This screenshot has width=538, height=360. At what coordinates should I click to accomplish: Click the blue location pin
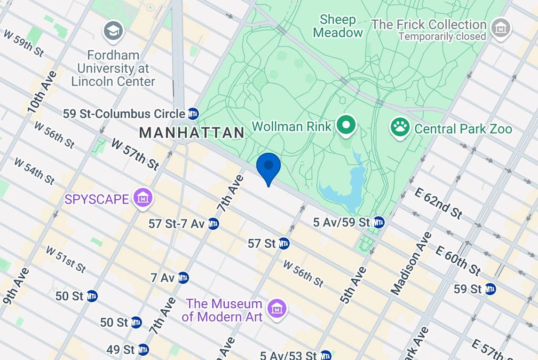click(x=269, y=167)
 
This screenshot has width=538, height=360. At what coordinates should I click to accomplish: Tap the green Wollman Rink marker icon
click(x=347, y=125)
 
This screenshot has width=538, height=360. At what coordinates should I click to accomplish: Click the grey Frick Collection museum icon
click(x=500, y=29)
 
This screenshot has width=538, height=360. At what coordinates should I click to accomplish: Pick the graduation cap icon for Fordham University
click(x=113, y=31)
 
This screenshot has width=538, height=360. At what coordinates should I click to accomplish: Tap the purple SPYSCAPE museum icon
click(x=142, y=199)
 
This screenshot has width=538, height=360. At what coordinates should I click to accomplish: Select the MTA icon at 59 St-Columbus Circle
click(x=193, y=114)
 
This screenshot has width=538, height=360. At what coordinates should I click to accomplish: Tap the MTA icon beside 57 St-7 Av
click(x=213, y=224)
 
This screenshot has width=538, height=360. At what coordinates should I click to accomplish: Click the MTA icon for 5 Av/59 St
click(x=379, y=222)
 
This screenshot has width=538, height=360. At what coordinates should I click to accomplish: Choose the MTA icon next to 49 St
click(x=143, y=350)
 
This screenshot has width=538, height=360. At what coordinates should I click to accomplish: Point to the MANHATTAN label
click(x=192, y=133)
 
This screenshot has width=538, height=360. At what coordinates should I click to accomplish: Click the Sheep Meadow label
click(x=338, y=26)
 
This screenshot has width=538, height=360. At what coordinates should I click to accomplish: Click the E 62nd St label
click(x=438, y=203)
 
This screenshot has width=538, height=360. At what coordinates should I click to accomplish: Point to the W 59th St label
click(x=24, y=43)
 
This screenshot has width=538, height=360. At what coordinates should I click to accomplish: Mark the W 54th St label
click(x=34, y=171)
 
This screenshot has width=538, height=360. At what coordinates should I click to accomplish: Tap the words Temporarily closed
click(x=442, y=37)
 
